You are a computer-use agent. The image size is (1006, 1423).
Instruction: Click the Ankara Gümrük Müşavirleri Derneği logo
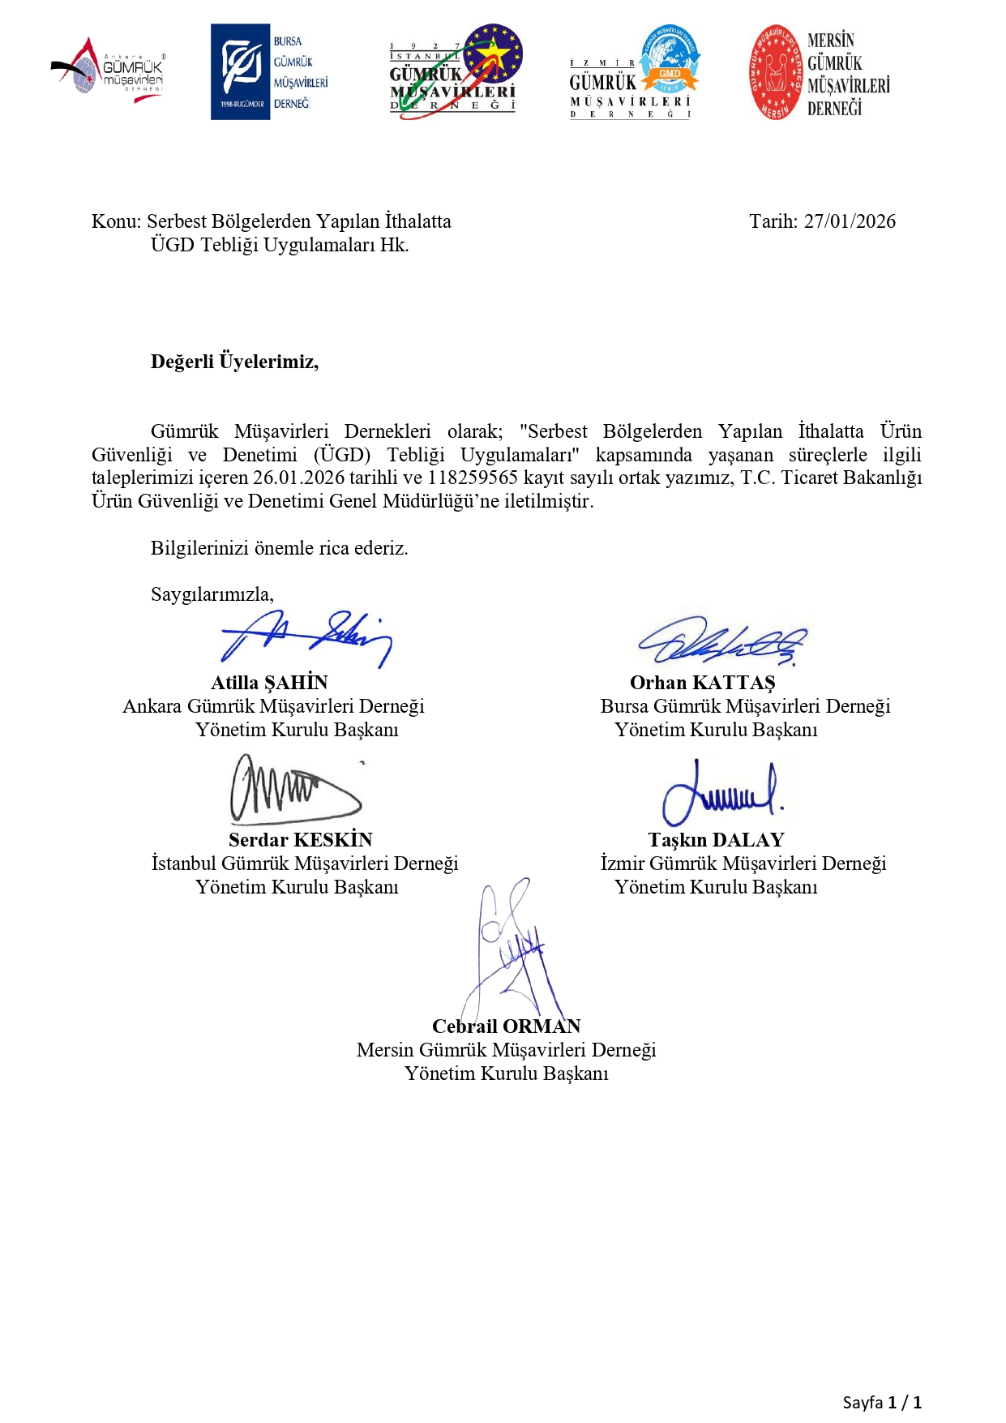click(x=109, y=71)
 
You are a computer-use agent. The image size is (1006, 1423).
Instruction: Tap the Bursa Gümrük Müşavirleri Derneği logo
click(x=269, y=72)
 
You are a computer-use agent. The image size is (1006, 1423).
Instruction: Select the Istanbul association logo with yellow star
click(x=454, y=72)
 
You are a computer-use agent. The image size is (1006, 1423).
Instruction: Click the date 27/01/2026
click(x=850, y=221)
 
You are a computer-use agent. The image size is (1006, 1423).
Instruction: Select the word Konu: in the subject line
click(x=116, y=221)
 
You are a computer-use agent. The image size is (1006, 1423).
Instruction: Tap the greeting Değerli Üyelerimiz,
click(x=234, y=362)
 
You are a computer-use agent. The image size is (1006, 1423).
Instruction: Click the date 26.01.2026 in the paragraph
click(x=298, y=478)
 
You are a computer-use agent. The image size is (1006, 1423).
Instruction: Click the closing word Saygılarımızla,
click(x=212, y=594)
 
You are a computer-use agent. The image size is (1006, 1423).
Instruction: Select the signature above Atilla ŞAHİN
click(x=306, y=638)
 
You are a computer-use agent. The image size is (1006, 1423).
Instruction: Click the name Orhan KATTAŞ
click(x=702, y=683)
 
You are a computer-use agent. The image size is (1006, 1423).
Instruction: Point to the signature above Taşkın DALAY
click(x=721, y=791)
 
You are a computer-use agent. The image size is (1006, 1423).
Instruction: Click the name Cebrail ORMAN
click(x=506, y=1027)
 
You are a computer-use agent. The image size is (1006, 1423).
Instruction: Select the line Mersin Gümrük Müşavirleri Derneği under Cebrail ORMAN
click(x=506, y=1050)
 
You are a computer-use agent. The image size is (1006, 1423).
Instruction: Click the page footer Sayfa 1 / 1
click(x=881, y=1402)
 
